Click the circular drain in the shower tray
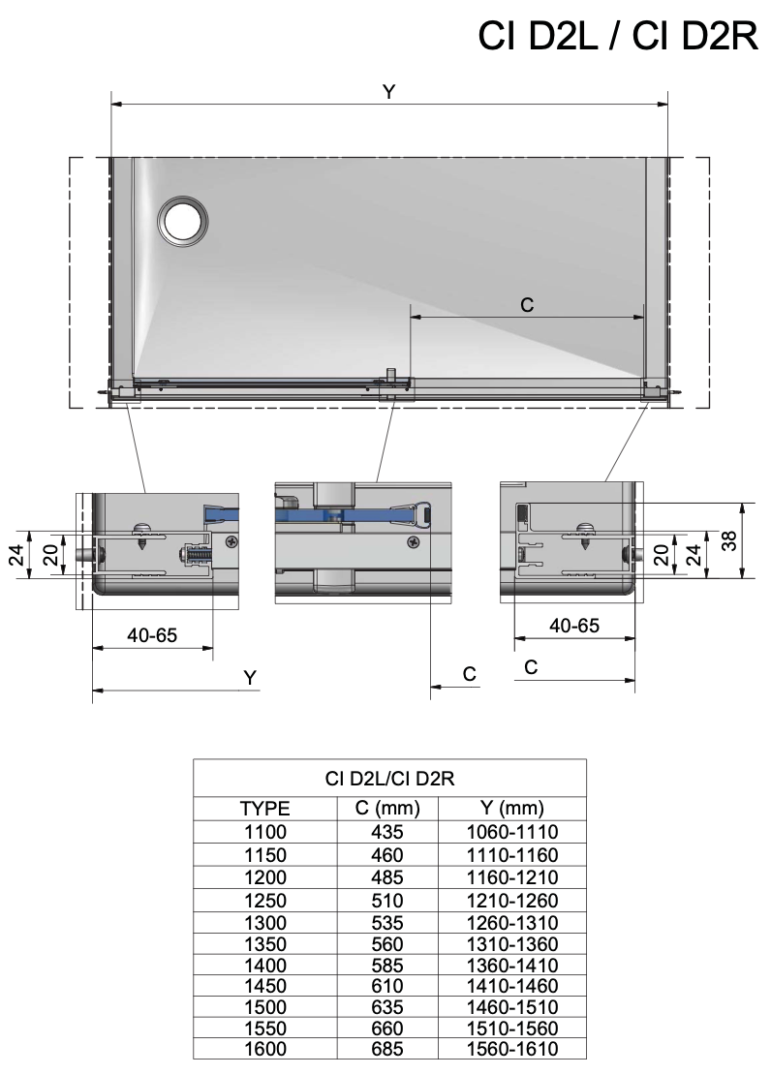[182, 221]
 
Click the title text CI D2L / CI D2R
[618, 36]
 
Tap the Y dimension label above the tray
[389, 92]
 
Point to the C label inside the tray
[527, 305]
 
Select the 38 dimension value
[730, 541]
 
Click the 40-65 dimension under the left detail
[152, 635]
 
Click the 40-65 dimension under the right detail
[574, 626]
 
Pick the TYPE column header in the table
[264, 809]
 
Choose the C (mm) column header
[387, 808]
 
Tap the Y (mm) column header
[512, 808]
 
